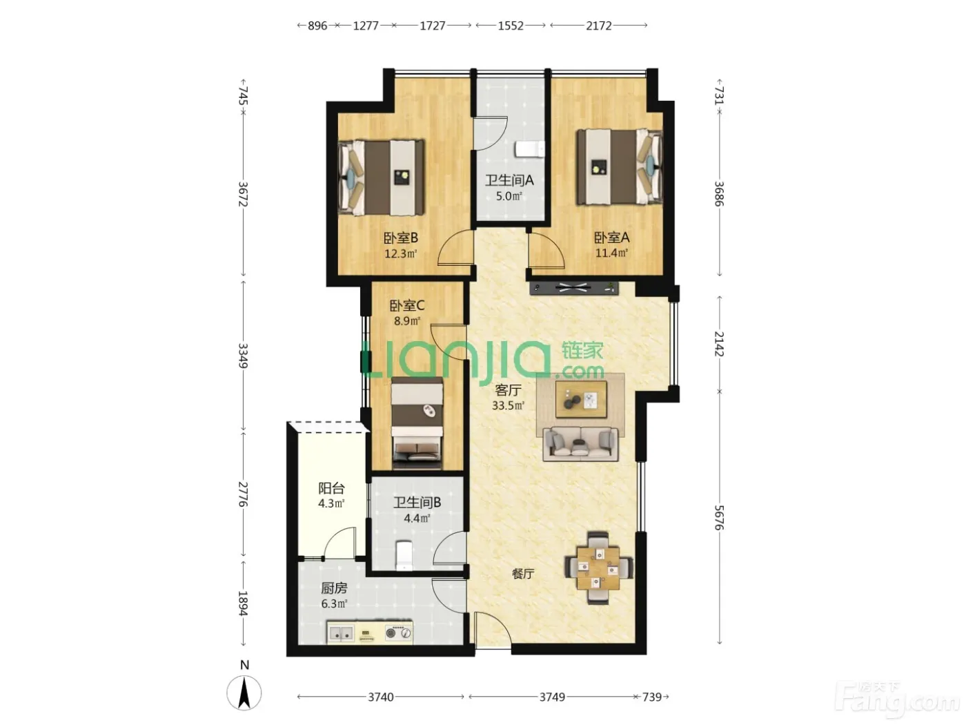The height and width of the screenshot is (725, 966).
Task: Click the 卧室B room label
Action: pos(400,238)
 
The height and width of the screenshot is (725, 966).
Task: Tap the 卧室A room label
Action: pos(611,238)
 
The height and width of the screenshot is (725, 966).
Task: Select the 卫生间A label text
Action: pos(509,180)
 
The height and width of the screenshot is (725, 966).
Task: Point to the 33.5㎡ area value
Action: pos(508,405)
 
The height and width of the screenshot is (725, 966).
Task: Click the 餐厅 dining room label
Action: pos(523,574)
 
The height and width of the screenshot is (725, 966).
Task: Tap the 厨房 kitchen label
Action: pos(334,588)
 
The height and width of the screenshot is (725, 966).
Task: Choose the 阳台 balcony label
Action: pos(331,487)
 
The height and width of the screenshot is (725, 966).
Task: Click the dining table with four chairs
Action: pos(598,568)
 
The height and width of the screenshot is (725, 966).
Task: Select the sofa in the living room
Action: pos(580,444)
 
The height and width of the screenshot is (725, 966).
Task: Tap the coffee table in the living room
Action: pos(581,399)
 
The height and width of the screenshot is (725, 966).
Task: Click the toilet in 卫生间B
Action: pos(404,556)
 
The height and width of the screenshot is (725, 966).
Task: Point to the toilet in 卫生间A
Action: pos(530,149)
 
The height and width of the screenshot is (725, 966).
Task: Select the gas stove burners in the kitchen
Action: pos(398,633)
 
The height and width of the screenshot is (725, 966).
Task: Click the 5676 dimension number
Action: pos(718,518)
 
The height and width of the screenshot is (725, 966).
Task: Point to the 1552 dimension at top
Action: pos(511,26)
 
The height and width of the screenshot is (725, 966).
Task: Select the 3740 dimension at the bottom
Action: pos(381,697)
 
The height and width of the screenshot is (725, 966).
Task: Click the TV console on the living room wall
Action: pos(574,289)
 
